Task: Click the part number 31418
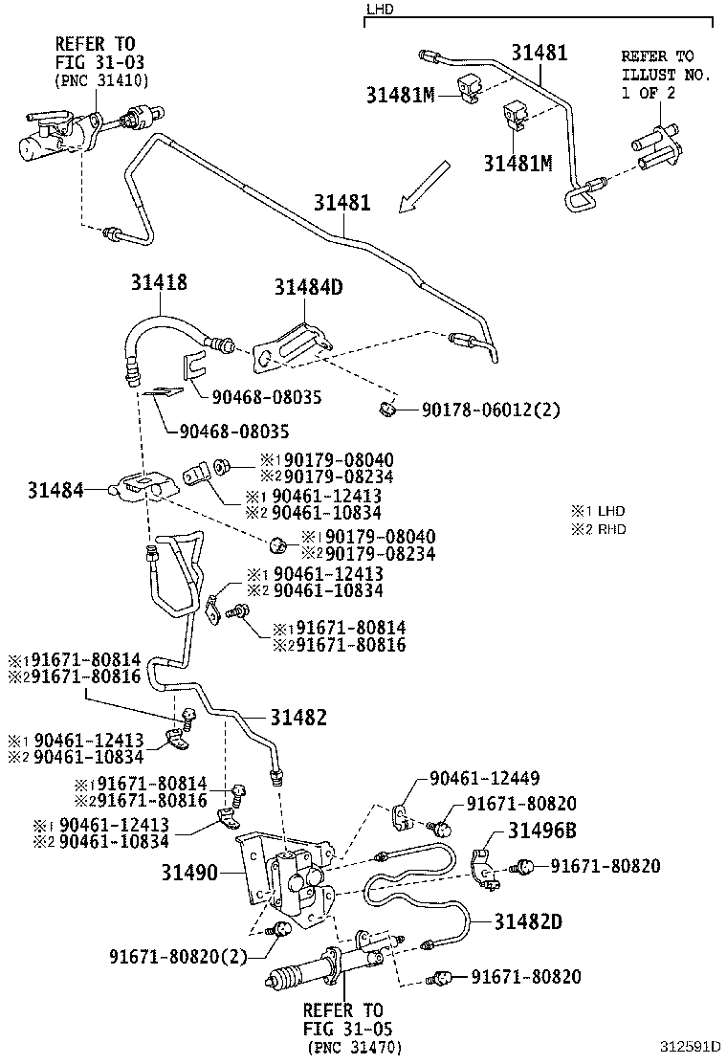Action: click(x=159, y=282)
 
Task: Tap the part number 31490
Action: click(x=189, y=873)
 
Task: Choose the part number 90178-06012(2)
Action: click(x=491, y=410)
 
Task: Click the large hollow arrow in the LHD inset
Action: click(x=423, y=186)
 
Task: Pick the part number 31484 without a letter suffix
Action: click(x=54, y=490)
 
